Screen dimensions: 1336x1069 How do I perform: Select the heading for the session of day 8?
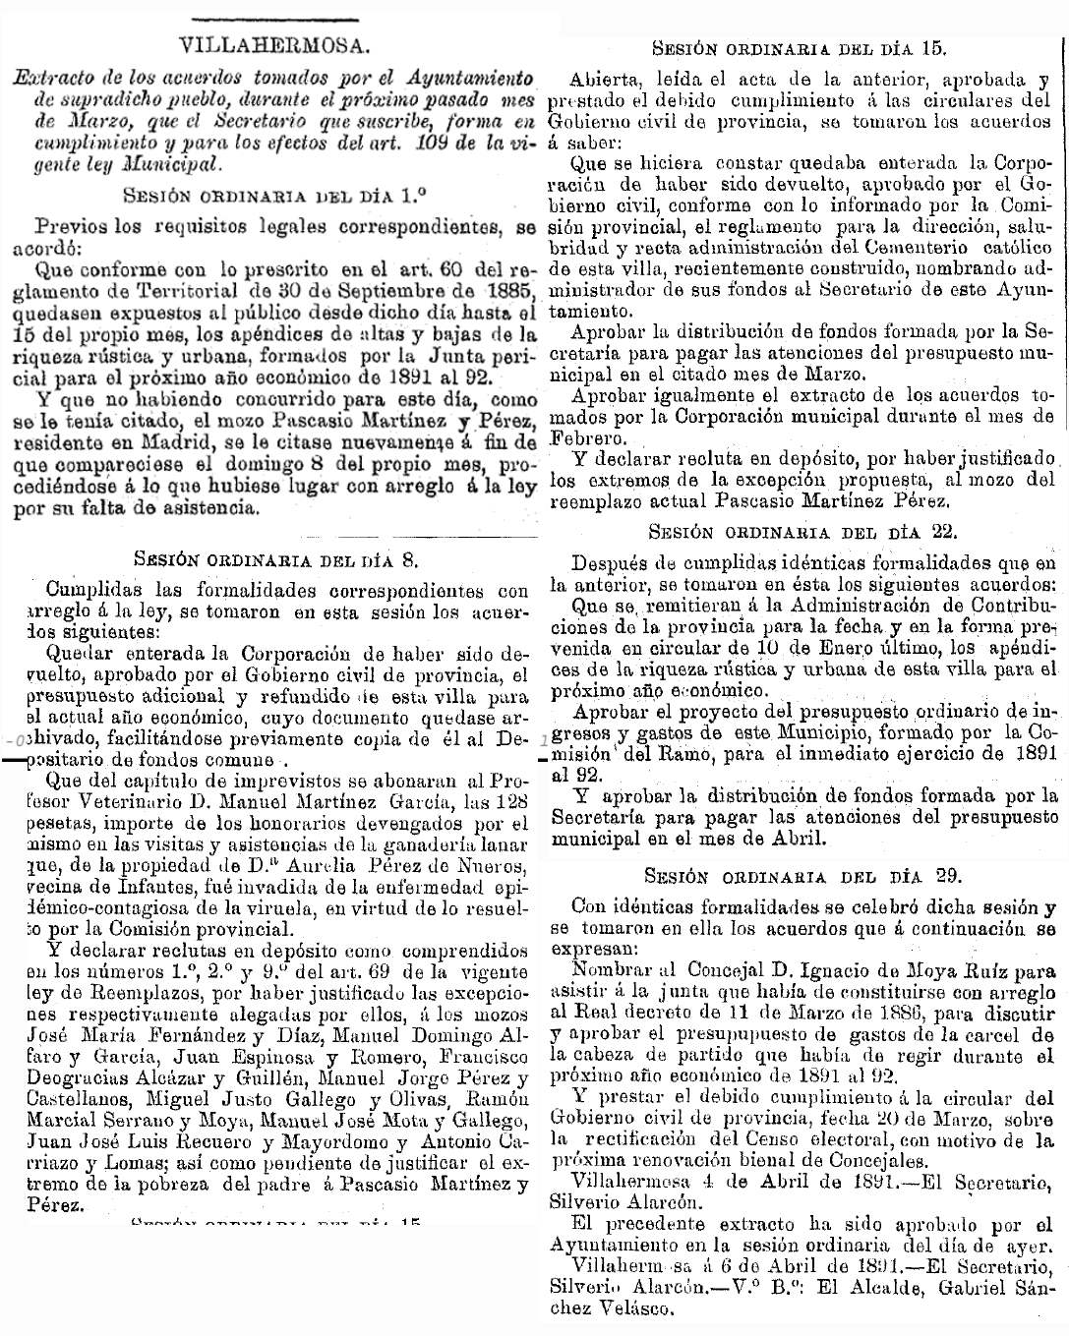click(x=276, y=559)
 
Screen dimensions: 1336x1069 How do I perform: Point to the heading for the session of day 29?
click(x=802, y=875)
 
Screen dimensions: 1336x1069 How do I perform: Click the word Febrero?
click(x=588, y=439)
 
